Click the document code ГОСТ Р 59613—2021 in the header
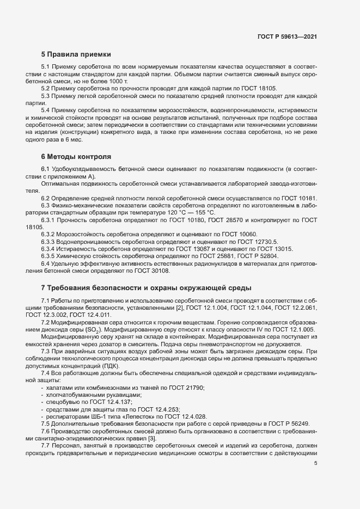tap(287, 36)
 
